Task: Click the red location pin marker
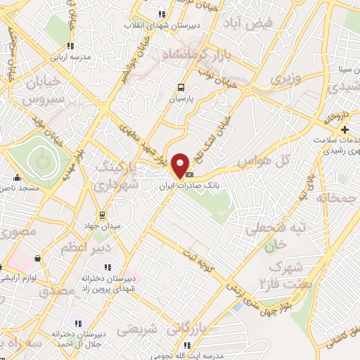181,165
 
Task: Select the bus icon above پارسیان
181,88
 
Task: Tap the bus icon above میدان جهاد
103,215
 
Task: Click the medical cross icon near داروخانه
345,130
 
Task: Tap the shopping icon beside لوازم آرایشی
37,258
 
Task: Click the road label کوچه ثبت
204,259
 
